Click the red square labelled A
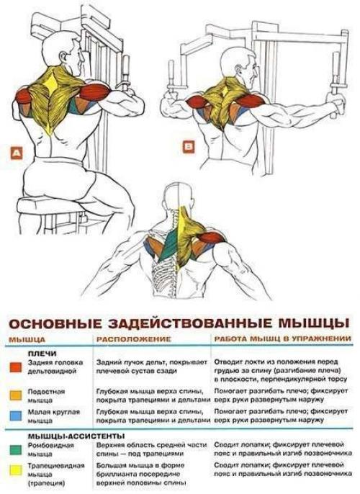coord(16,153)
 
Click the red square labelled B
coord(189,147)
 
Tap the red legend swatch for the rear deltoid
coord(15,367)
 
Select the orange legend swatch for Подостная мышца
coord(15,395)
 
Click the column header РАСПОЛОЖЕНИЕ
coord(133,338)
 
